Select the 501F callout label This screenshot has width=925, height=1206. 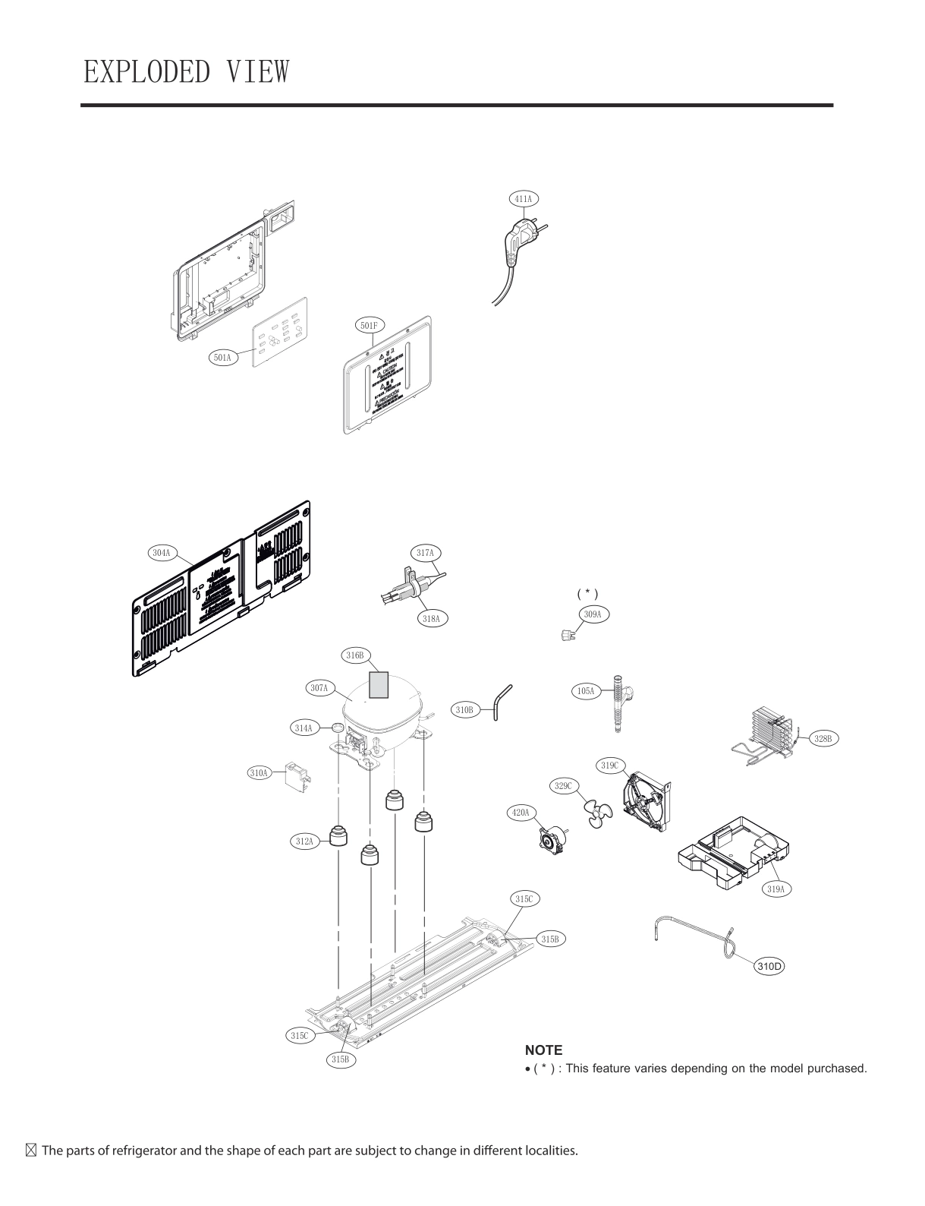point(370,326)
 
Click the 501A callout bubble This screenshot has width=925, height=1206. point(223,356)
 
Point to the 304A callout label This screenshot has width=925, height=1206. point(161,553)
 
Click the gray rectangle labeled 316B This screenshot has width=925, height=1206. point(378,684)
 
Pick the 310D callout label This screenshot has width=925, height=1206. point(769,967)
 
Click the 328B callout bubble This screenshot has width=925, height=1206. point(823,737)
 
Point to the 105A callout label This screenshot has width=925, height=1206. point(586,691)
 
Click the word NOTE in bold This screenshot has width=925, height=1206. point(543,1050)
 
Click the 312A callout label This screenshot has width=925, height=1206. point(304,841)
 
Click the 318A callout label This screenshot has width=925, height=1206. point(431,618)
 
